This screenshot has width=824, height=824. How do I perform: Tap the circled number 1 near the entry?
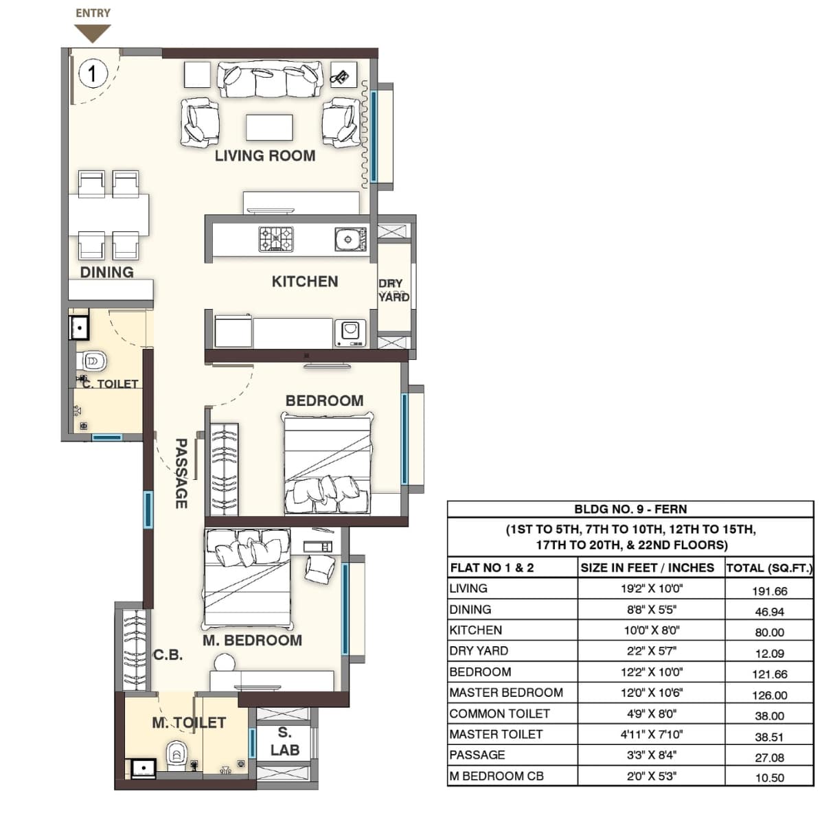pos(93,73)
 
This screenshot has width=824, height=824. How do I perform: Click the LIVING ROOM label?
pos(265,156)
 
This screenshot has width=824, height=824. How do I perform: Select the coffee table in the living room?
pos(269,128)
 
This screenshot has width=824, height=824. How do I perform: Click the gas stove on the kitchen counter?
pos(276,239)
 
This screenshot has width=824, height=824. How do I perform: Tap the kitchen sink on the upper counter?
pos(348,240)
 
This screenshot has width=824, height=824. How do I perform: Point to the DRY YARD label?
pos(393,290)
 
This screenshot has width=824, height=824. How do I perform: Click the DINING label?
pos(106,273)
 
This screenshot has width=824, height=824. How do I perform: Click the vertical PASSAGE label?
pos(181,474)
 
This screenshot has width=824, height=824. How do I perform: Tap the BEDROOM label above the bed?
pos(324,400)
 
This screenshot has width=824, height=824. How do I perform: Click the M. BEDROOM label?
pos(252,641)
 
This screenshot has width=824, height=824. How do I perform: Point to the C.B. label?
pos(168,655)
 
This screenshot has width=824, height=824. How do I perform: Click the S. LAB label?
pos(284,742)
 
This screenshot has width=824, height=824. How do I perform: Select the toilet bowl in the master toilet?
pos(176,755)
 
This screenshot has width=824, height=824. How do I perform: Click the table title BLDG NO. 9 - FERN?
pos(630,510)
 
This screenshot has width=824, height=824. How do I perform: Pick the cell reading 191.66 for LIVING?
pos(769,591)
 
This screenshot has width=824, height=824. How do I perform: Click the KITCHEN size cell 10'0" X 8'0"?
pos(651,630)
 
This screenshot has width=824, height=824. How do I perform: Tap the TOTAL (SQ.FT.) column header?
pos(769,568)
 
